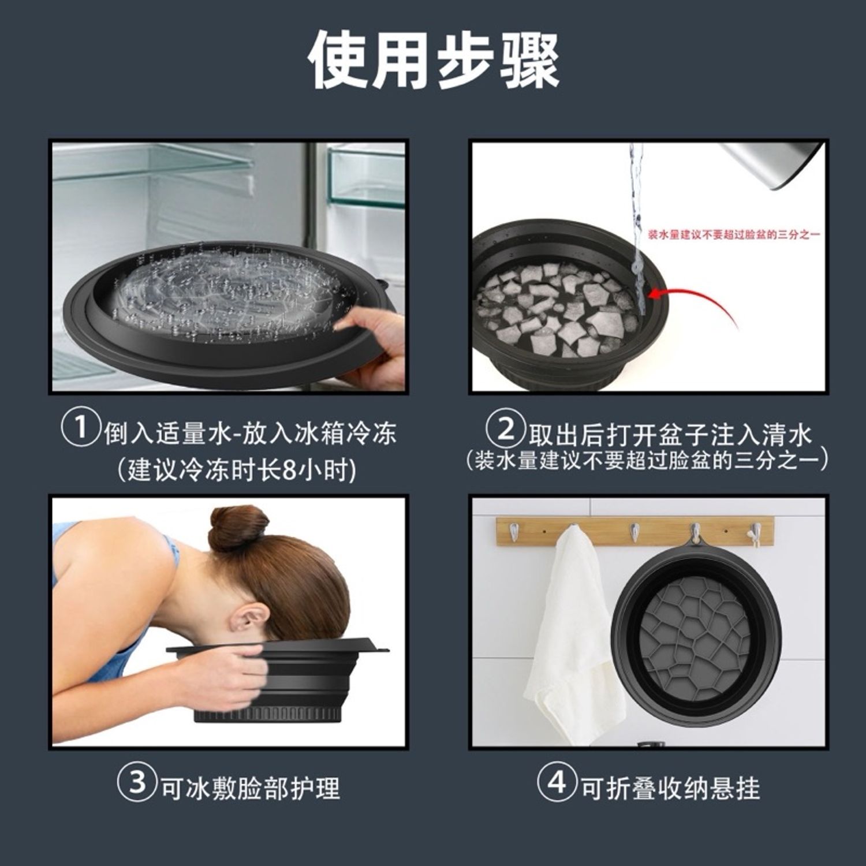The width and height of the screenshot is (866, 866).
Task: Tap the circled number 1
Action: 80,428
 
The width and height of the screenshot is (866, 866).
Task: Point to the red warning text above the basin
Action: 733,234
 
